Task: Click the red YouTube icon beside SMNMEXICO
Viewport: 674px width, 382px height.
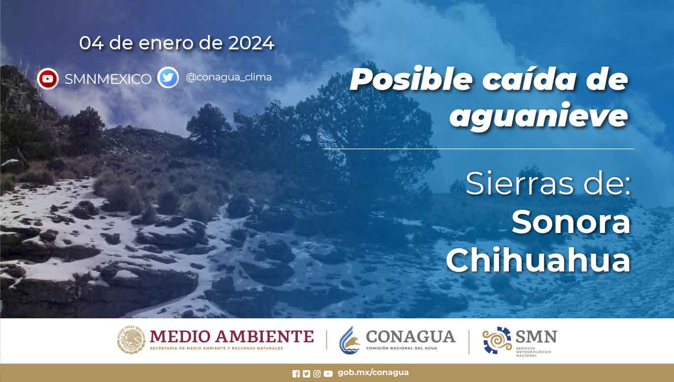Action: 47,78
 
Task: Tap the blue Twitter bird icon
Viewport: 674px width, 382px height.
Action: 168,77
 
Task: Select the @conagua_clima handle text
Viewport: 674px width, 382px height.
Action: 229,77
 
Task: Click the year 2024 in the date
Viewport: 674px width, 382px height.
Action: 251,43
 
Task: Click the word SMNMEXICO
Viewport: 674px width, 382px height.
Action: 108,79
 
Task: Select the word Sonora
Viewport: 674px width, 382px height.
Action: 571,223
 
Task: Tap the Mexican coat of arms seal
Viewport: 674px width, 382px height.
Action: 131,340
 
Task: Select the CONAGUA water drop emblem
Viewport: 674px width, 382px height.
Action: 350,340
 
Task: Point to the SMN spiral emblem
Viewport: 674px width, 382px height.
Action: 497,340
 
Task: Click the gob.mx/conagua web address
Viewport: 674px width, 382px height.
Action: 373,373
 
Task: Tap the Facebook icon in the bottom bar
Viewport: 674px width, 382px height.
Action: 296,374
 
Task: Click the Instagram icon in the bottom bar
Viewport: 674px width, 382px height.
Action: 317,374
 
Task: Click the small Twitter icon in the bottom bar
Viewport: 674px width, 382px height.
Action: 306,374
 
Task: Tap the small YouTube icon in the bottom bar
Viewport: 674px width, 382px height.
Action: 328,374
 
